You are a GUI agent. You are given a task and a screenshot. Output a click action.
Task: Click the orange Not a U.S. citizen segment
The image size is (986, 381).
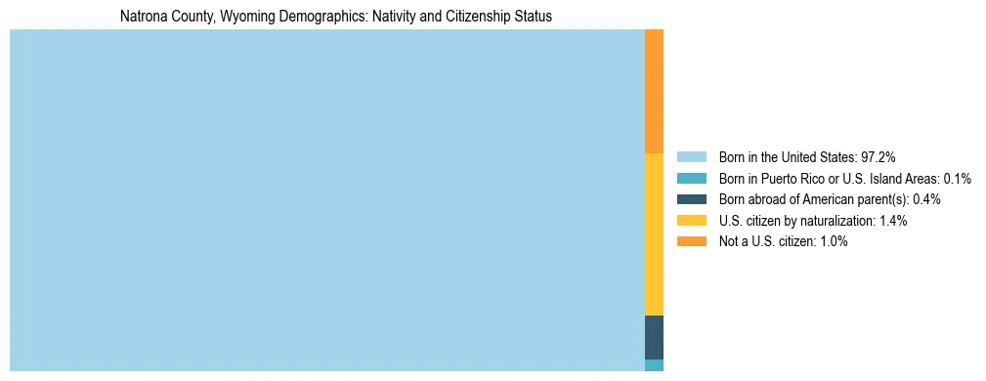pos(654,91)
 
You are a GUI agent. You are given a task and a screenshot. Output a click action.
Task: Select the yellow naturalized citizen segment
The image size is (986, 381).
pos(654,234)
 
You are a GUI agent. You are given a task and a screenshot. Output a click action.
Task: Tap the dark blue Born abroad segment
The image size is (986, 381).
pos(654,337)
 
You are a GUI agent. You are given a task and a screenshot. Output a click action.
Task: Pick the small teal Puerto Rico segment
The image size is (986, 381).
pos(654,365)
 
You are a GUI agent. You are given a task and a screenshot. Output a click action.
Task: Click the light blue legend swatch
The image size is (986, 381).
pos(691,157)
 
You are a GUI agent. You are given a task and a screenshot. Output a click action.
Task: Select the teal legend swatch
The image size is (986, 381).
pos(691,179)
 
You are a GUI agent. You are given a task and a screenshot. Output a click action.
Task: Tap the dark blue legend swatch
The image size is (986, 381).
pos(691,199)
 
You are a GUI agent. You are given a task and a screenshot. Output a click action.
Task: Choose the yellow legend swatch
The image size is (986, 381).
pos(691,221)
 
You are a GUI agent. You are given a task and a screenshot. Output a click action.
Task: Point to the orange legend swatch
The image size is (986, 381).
pos(691,241)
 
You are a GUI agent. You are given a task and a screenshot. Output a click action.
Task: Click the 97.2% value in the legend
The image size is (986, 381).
pos(879,157)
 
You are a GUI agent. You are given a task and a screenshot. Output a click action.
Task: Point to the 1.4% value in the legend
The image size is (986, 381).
pos(891,221)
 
